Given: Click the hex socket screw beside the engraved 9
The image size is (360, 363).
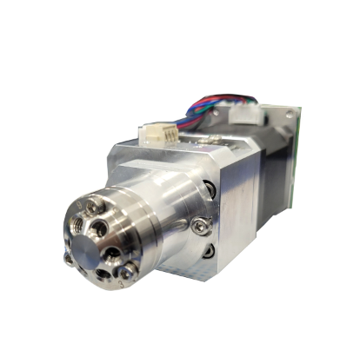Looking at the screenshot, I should click(x=90, y=206).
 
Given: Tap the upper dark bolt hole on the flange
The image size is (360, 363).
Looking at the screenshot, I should click(x=209, y=188).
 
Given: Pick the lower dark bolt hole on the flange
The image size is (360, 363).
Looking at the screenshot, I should click(x=210, y=250).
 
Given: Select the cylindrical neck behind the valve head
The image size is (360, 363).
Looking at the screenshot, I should click(x=161, y=213).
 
